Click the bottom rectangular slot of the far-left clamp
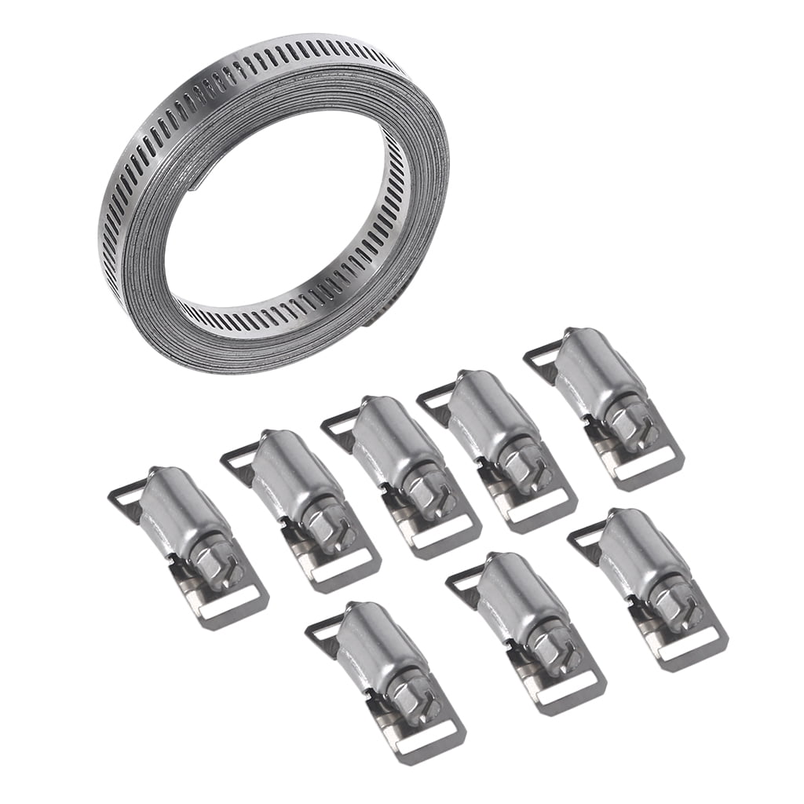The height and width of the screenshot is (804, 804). pos(228,605)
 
